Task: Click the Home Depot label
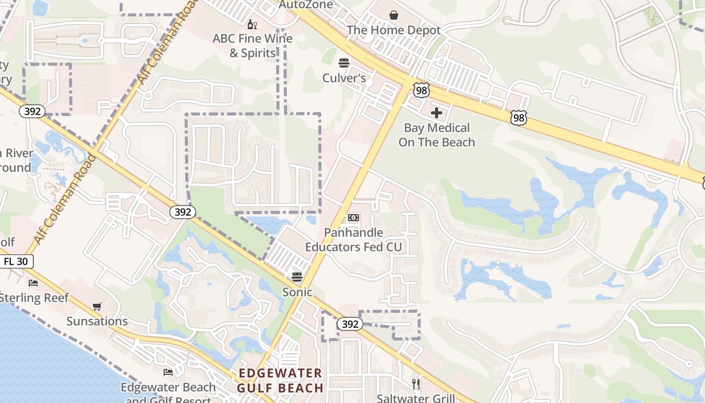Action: pos(394,30)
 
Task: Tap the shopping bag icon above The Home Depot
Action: pos(394,16)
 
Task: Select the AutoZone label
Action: pos(306,5)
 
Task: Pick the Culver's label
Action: pos(344,78)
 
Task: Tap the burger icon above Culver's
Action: pos(344,63)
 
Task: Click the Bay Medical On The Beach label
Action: pos(437,135)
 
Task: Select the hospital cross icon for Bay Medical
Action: pos(437,113)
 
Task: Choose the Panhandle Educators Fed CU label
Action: pos(354,240)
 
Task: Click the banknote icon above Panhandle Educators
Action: pos(354,218)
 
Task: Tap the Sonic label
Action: pos(297,292)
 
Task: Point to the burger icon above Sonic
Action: pos(297,277)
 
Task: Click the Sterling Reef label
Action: pos(34,298)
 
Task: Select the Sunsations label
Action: pos(97,321)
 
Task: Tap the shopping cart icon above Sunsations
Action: pos(97,306)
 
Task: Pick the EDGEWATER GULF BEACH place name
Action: pos(280,380)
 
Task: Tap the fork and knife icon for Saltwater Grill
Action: pos(416,384)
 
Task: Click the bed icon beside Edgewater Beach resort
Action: pos(168,372)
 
